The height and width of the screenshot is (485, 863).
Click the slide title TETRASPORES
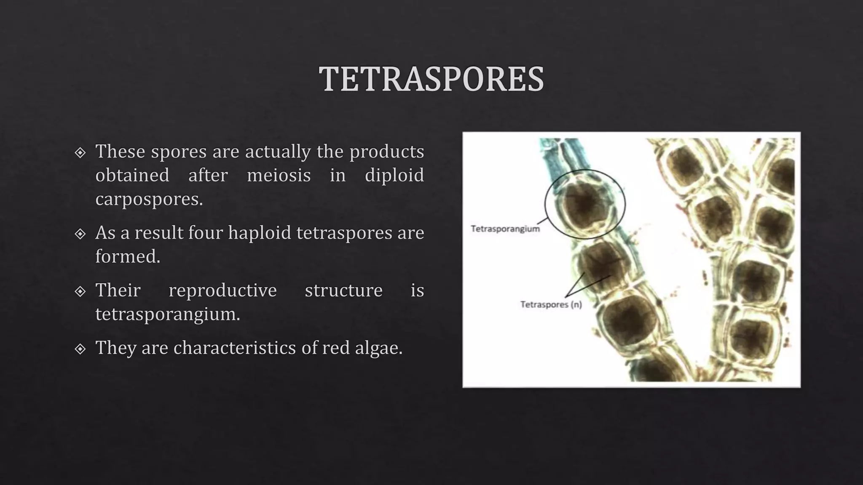point(431,79)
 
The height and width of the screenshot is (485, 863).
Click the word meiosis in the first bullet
point(279,175)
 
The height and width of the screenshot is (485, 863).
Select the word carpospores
point(149,199)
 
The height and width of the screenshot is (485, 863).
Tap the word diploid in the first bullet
point(394,175)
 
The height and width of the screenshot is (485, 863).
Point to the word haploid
point(259,233)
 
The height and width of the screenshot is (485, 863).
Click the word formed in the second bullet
point(127,256)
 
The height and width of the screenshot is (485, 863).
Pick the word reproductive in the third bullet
point(222,290)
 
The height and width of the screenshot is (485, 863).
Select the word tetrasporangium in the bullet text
point(167,314)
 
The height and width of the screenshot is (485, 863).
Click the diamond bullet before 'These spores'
point(80,152)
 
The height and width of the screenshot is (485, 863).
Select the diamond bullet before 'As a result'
point(80,234)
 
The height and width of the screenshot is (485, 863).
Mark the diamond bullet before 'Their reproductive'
point(80,291)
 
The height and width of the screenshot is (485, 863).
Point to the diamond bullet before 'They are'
point(80,349)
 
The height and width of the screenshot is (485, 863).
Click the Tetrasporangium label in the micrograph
point(505,229)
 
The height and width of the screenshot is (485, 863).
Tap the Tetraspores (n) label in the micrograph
point(551,304)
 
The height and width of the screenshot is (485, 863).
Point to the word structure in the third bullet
point(343,290)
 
